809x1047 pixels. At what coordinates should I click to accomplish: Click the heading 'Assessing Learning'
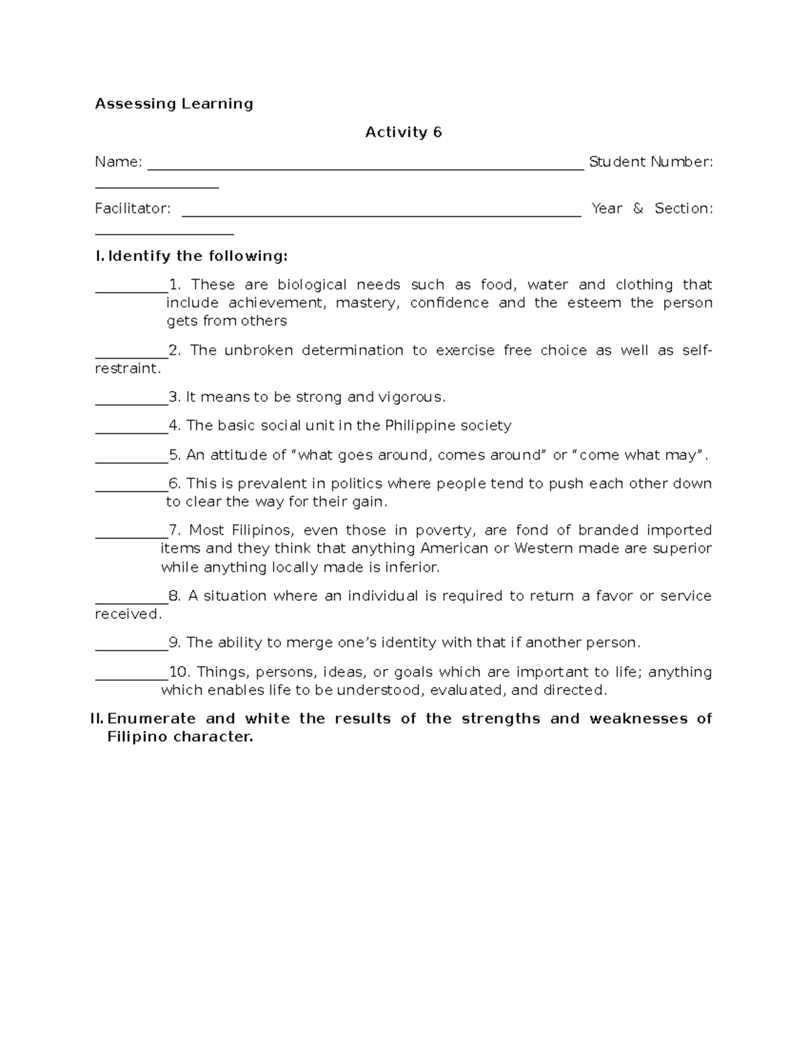[x=174, y=104]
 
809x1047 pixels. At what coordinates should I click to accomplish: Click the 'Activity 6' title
[x=403, y=133]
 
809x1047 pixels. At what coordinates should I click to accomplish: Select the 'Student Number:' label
[x=651, y=162]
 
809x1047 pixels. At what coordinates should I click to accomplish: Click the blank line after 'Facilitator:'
[x=381, y=215]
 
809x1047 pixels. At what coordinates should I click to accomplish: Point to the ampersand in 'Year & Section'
[x=638, y=209]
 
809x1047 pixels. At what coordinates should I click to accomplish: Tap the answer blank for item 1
[x=131, y=291]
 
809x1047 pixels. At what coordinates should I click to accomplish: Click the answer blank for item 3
[x=131, y=403]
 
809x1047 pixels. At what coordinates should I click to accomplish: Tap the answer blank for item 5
[x=131, y=461]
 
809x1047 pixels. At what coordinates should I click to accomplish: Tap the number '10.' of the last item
[x=180, y=672]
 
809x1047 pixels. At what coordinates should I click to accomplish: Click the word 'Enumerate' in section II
[x=152, y=719]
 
